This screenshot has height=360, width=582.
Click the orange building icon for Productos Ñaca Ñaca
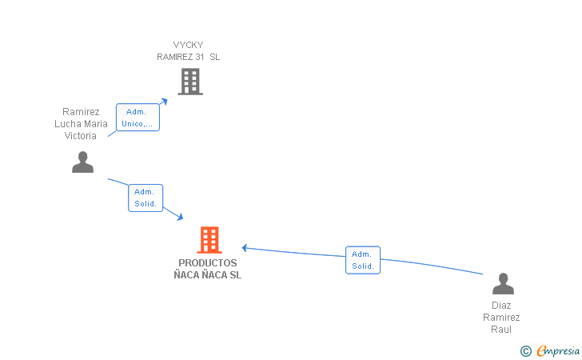point(209,240)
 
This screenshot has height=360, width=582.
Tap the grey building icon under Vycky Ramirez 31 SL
point(190,82)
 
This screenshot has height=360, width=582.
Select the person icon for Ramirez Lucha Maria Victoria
point(82,162)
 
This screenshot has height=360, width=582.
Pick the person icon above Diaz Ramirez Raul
point(503,283)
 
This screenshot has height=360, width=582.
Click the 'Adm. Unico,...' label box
point(138,118)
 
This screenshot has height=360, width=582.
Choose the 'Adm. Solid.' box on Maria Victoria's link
point(145,198)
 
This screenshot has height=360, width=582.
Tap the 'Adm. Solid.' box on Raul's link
point(363,260)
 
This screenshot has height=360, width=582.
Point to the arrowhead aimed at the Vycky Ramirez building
point(164,101)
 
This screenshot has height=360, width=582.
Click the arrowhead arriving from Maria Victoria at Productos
point(180,216)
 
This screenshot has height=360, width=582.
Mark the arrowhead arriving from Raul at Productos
point(245,248)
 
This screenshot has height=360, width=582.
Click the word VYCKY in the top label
point(188,45)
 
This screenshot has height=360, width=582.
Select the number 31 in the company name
point(200,57)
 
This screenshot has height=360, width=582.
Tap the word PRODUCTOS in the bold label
point(208,263)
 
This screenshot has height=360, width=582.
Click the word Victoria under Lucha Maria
point(81,136)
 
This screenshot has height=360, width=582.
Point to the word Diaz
point(501,306)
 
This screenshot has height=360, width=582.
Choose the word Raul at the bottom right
point(501,330)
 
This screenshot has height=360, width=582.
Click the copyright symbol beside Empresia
point(525,351)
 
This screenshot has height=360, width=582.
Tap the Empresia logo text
point(558,351)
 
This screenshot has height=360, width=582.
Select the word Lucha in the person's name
point(66,124)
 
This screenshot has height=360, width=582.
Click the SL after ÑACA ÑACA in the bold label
point(235,275)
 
